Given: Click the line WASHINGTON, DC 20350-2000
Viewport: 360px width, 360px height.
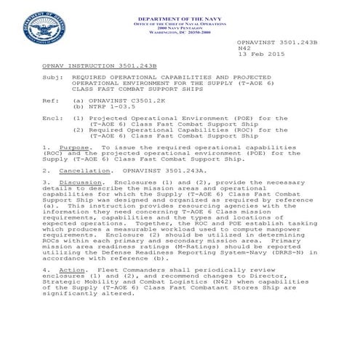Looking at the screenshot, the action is [179, 32].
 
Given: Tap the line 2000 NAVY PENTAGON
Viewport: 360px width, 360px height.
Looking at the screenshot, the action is [179, 27].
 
